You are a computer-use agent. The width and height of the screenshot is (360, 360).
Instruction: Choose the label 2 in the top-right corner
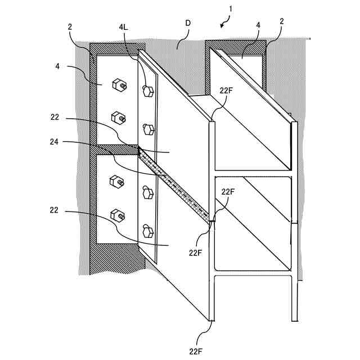point(281,21)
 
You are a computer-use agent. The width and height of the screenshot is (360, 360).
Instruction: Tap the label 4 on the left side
point(58,66)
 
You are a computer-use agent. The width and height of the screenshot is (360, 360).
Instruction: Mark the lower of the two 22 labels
point(55,211)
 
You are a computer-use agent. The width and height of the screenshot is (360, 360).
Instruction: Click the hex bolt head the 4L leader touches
point(148,91)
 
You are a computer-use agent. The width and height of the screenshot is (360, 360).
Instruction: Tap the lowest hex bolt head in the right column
point(148,230)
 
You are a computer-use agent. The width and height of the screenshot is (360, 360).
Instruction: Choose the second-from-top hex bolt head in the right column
point(148,129)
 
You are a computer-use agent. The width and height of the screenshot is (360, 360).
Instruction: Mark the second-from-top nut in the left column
point(118,118)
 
